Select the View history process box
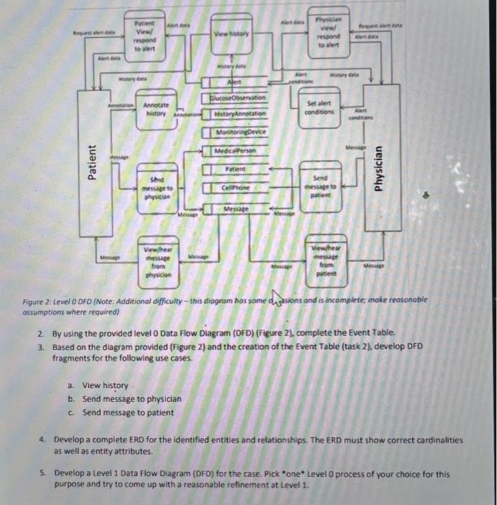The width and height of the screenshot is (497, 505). pos(232,35)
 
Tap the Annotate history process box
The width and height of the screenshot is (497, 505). pos(157,110)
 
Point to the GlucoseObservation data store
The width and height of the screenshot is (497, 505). pos(237,97)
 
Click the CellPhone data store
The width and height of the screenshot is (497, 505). pos(238,187)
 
